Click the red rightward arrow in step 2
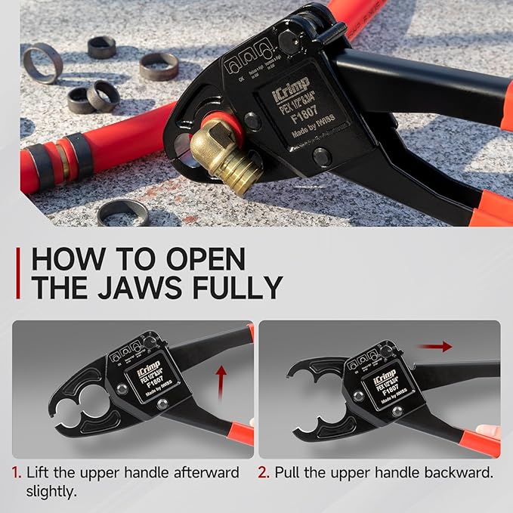(436, 346)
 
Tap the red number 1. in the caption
(17, 473)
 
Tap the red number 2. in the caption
(264, 473)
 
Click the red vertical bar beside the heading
(17, 273)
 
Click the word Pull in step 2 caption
(288, 473)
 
